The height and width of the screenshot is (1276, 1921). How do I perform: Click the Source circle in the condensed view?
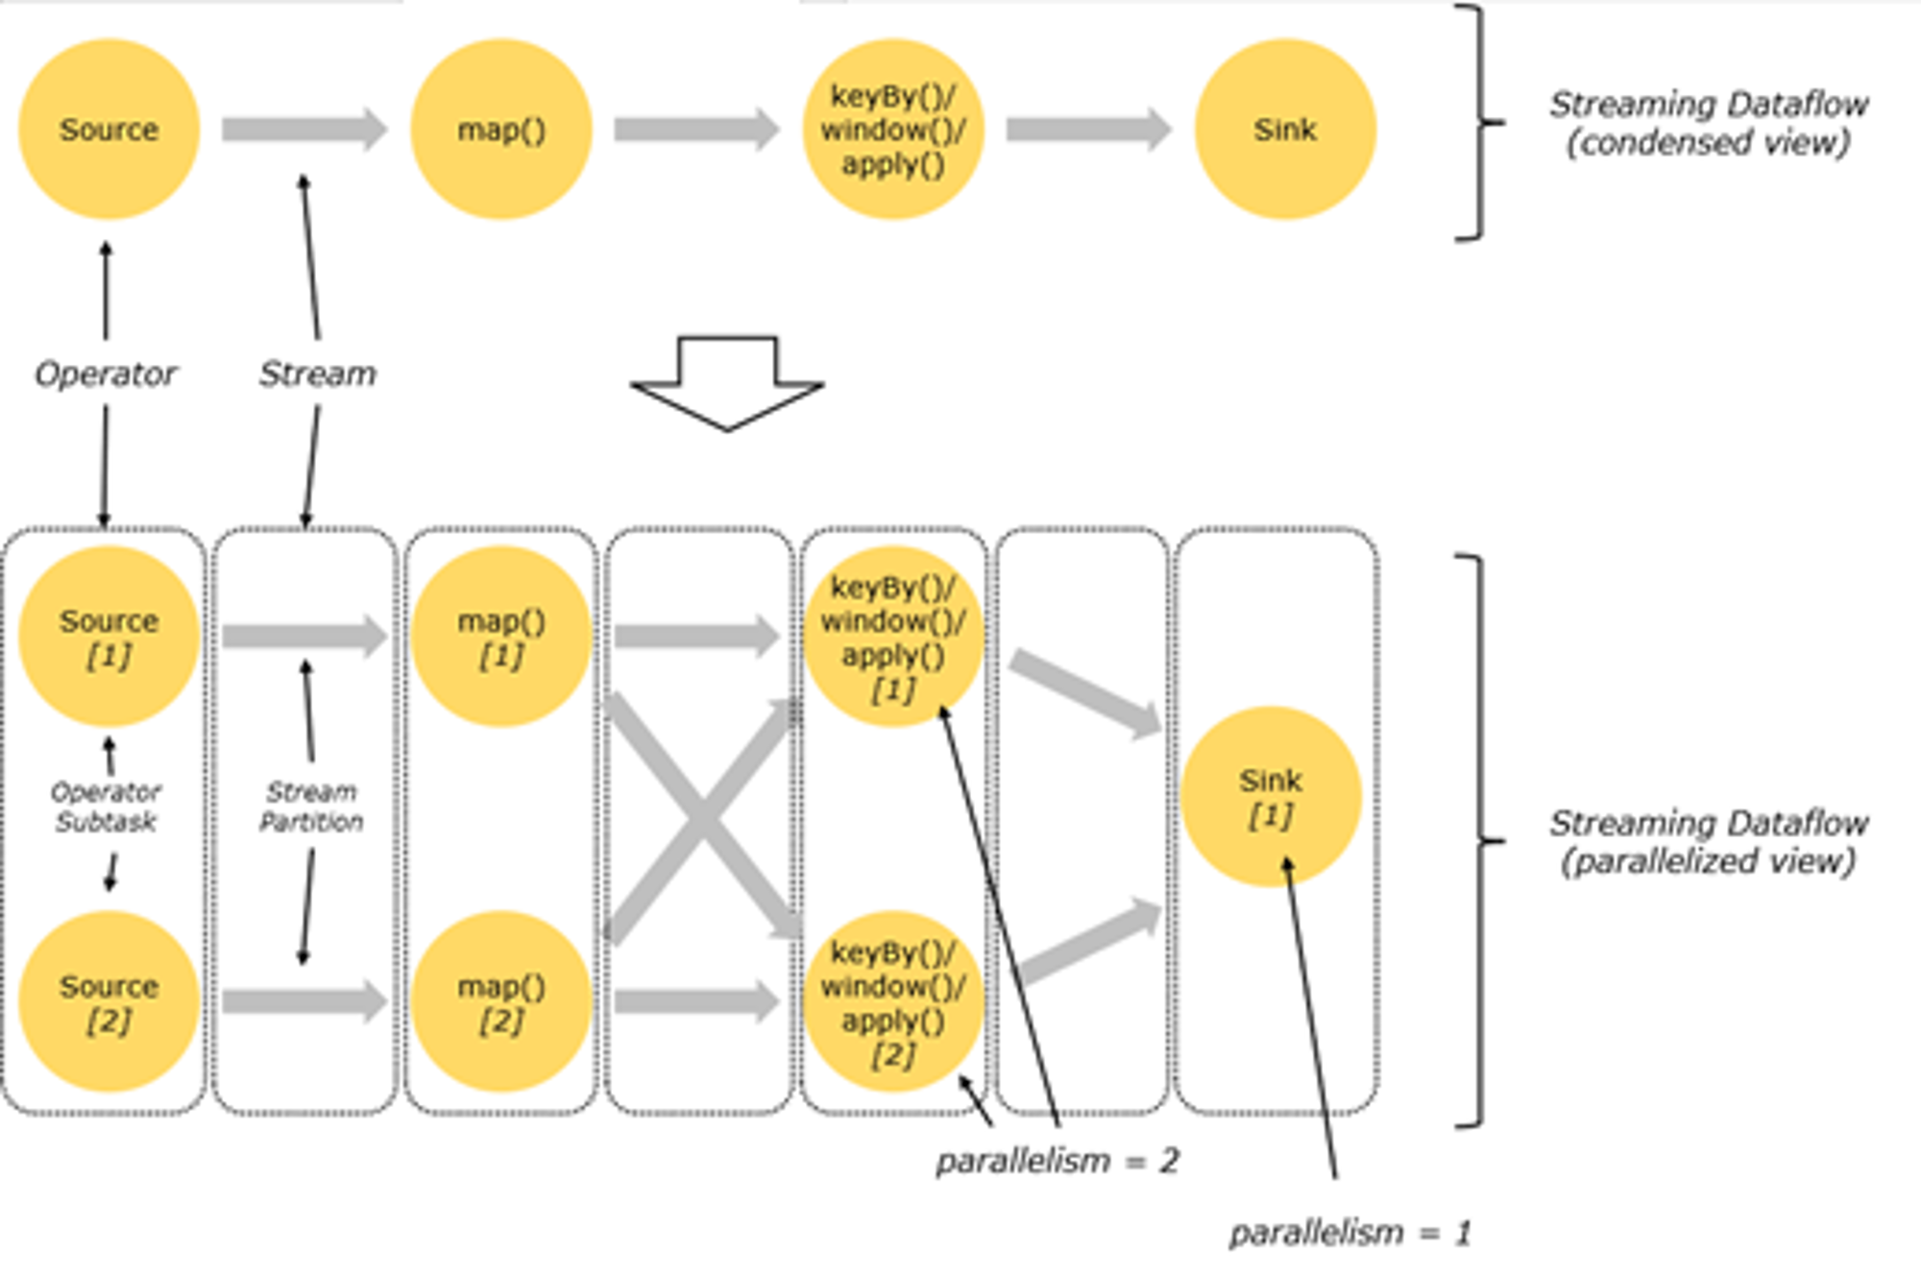pyautogui.click(x=109, y=130)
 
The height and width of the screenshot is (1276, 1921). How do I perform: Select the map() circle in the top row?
pyautogui.click(x=501, y=130)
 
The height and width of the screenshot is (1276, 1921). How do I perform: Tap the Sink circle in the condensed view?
pyautogui.click(x=1285, y=130)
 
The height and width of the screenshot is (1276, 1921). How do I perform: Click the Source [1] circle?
pyautogui.click(x=109, y=636)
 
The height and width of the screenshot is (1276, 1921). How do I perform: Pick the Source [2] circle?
pyautogui.click(x=109, y=1001)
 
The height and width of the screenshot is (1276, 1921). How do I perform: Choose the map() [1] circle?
pyautogui.click(x=501, y=636)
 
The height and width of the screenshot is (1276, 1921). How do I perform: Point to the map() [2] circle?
pyautogui.click(x=501, y=1001)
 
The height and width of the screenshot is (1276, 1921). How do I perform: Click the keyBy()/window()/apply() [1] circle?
pyautogui.click(x=893, y=636)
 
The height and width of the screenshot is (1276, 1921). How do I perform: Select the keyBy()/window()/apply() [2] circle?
pyautogui.click(x=893, y=1001)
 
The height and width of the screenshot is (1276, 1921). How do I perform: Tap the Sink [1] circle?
pyautogui.click(x=1271, y=796)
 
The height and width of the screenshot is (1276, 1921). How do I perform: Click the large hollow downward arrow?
pyautogui.click(x=727, y=384)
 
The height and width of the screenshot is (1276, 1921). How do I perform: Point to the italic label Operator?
pyautogui.click(x=106, y=373)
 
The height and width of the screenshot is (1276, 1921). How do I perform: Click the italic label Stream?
pyautogui.click(x=317, y=373)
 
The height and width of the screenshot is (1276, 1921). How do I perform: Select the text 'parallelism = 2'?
pyautogui.click(x=1058, y=1162)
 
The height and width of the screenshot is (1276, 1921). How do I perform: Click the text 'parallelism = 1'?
pyautogui.click(x=1350, y=1233)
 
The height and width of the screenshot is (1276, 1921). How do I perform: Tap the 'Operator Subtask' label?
pyautogui.click(x=106, y=807)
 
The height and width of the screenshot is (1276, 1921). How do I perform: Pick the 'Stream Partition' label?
pyautogui.click(x=311, y=807)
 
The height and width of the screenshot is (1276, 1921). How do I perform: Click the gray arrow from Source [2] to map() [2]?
pyautogui.click(x=304, y=1002)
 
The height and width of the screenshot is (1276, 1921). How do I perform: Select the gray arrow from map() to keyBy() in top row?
pyautogui.click(x=697, y=130)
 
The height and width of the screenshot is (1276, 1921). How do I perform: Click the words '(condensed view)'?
pyautogui.click(x=1709, y=143)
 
